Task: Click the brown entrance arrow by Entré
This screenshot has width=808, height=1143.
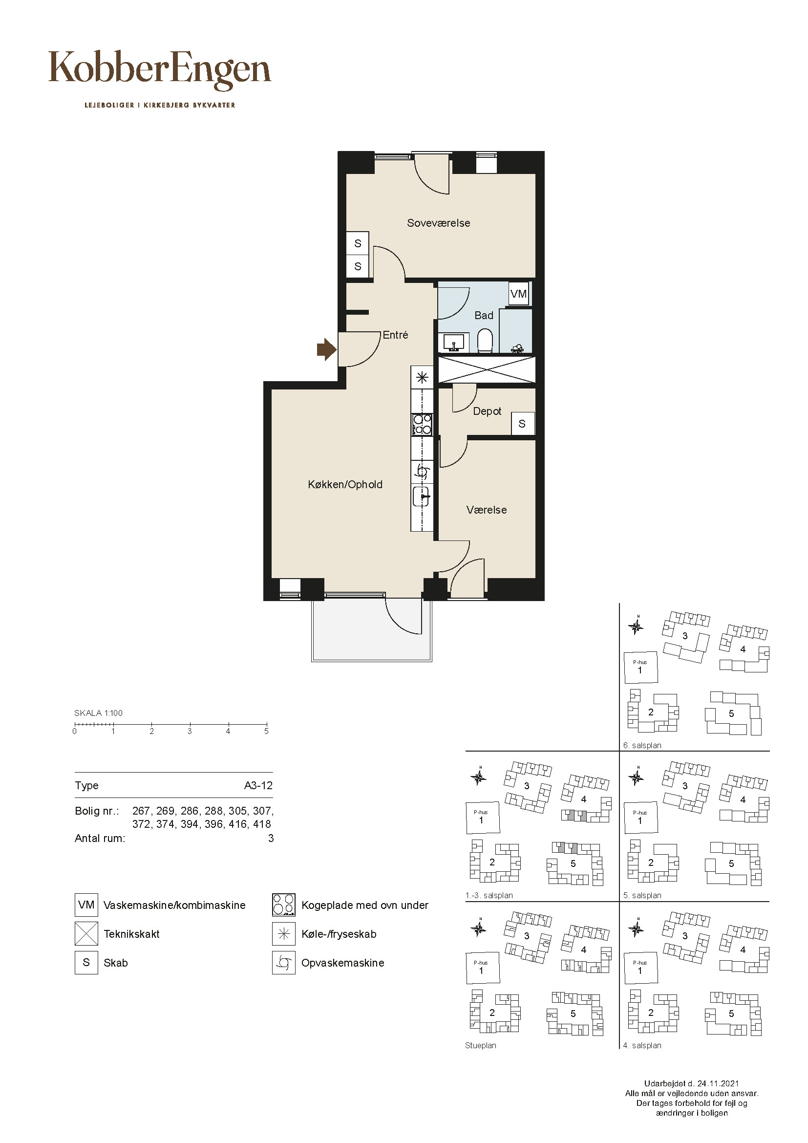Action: click(327, 349)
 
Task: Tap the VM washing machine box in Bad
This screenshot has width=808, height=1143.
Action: click(518, 294)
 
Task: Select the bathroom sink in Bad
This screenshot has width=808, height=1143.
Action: click(453, 343)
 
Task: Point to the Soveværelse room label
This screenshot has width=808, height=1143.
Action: click(438, 223)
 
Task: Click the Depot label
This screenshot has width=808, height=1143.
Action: click(487, 411)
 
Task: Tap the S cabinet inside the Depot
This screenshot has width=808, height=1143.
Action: click(522, 424)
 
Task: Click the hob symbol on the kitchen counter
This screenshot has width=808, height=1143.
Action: click(422, 424)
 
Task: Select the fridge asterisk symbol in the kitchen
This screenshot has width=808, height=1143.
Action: click(422, 377)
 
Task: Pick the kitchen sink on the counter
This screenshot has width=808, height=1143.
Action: click(422, 496)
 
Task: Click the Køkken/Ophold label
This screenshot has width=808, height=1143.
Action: click(345, 484)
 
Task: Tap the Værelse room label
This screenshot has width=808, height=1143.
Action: click(487, 510)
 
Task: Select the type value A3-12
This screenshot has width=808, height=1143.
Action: click(258, 785)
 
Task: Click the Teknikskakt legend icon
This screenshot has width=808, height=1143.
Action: click(86, 933)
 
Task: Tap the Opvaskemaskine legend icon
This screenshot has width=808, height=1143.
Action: click(284, 962)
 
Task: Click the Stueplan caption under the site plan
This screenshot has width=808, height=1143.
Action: click(481, 1045)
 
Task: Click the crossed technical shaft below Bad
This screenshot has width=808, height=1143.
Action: click(487, 369)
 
